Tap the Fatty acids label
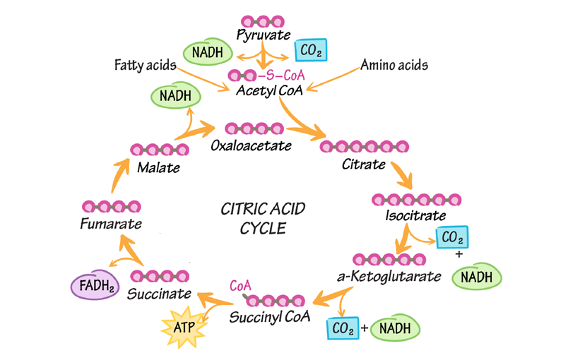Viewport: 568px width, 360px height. [x=144, y=65]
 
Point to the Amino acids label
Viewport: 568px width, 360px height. [x=394, y=65]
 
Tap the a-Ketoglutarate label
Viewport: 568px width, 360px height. [x=390, y=276]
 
